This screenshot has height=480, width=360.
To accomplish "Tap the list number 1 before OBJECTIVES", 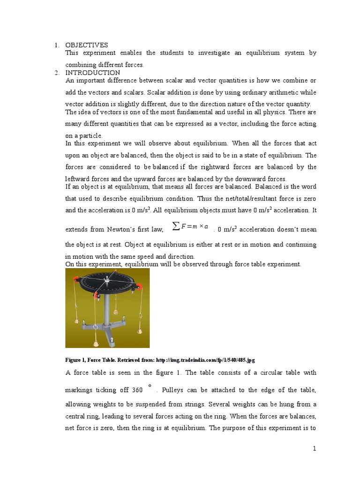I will coord(56,45).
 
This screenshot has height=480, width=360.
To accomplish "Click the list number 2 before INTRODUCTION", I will coord(56,73).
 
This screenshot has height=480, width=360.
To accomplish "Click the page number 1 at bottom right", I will coord(315,449).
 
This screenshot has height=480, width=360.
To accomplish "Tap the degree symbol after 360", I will coord(150,386).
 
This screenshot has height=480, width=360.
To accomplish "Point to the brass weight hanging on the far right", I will coord(139,331).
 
